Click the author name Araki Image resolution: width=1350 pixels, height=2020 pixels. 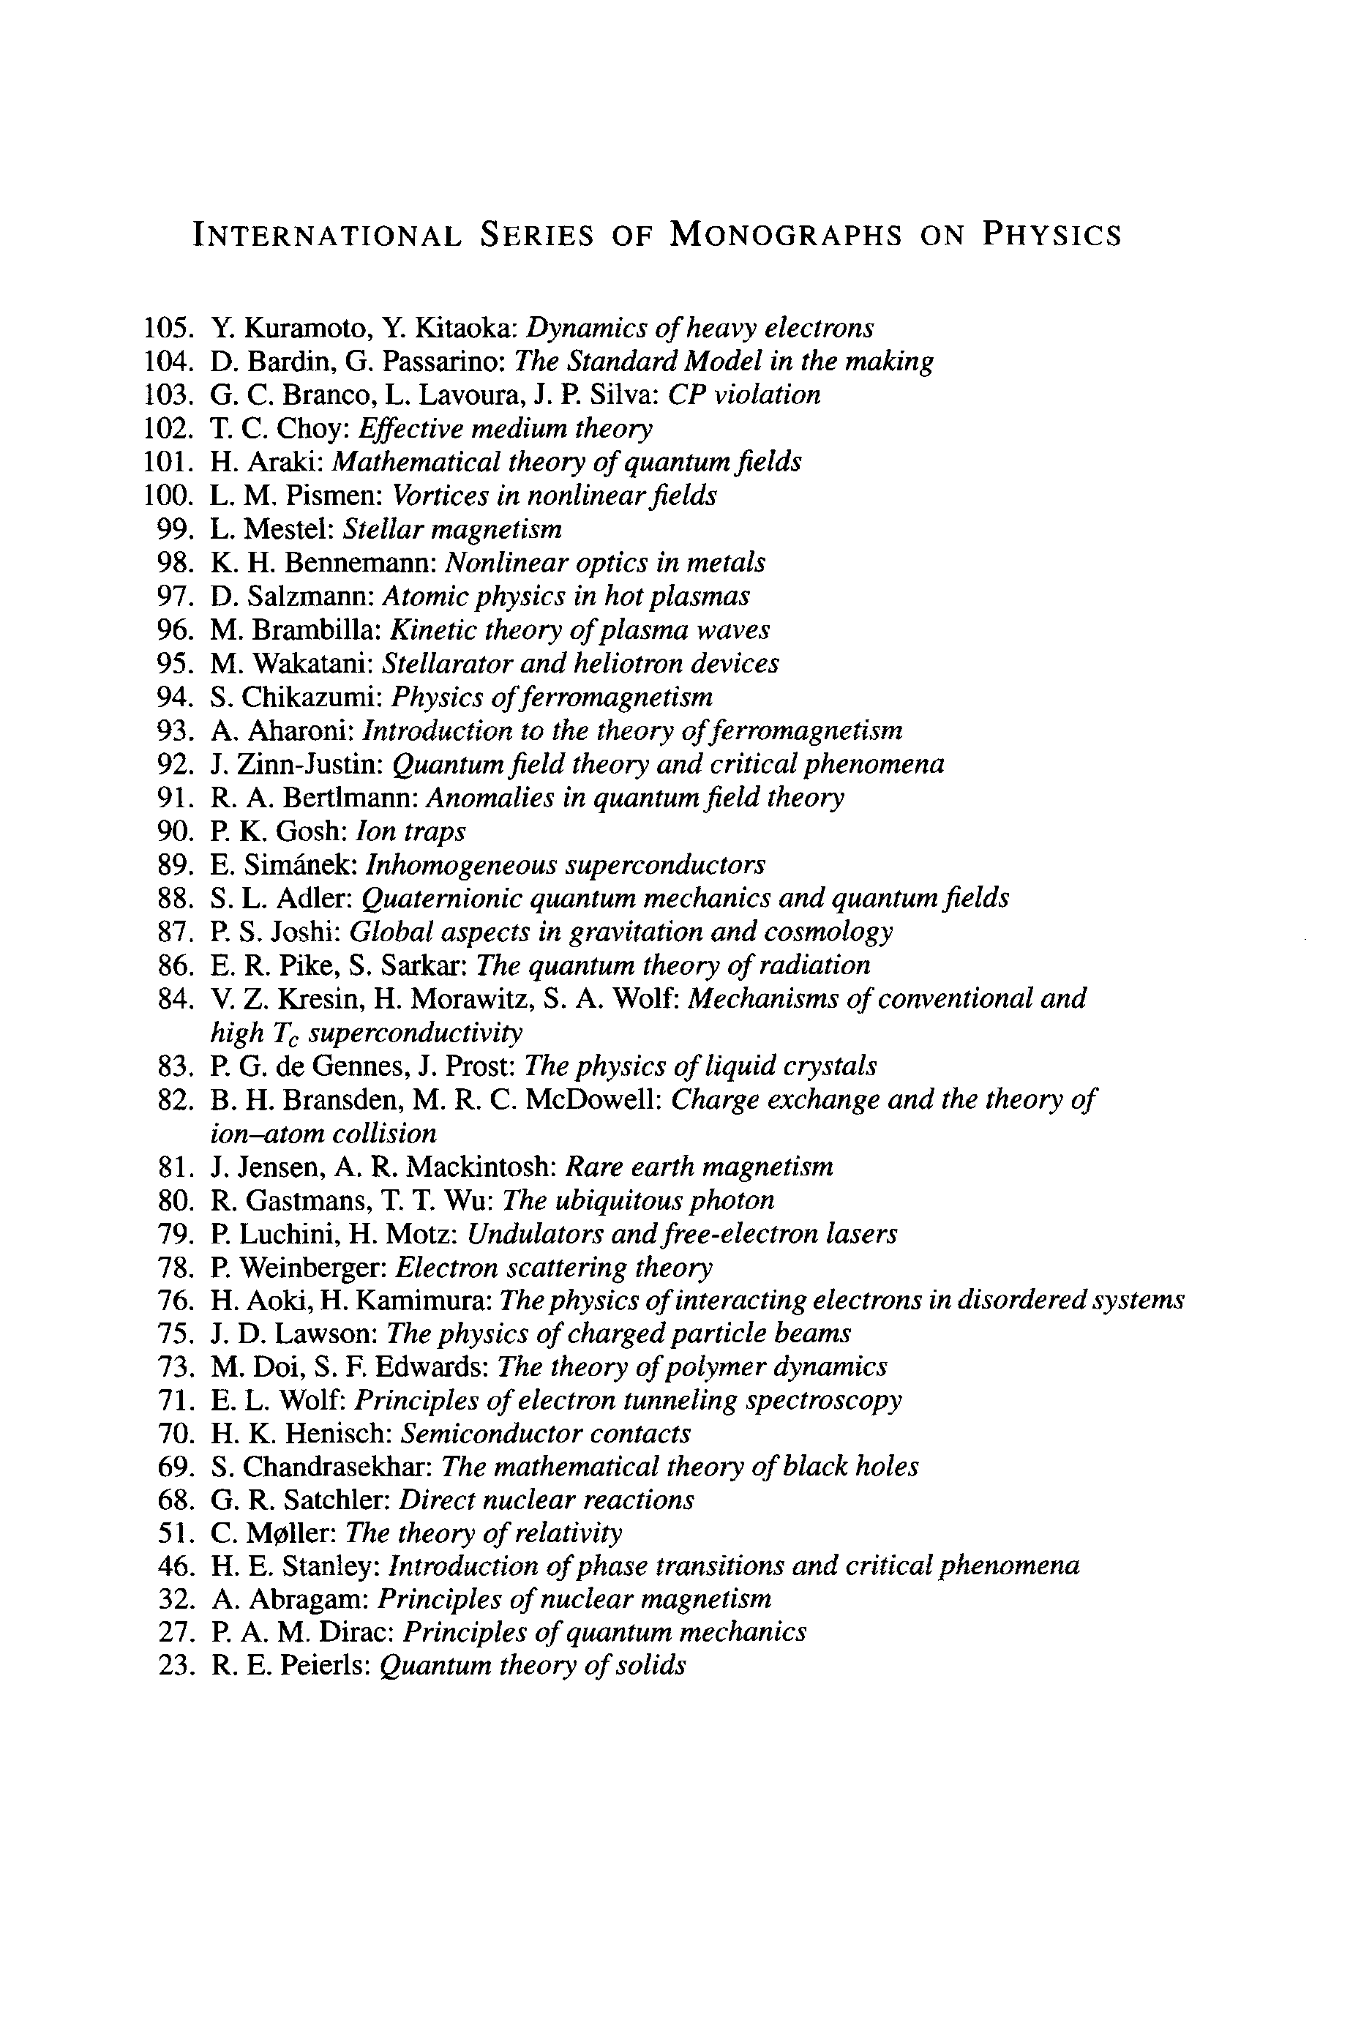coord(285,463)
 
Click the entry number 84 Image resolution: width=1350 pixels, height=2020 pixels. coord(174,1000)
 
